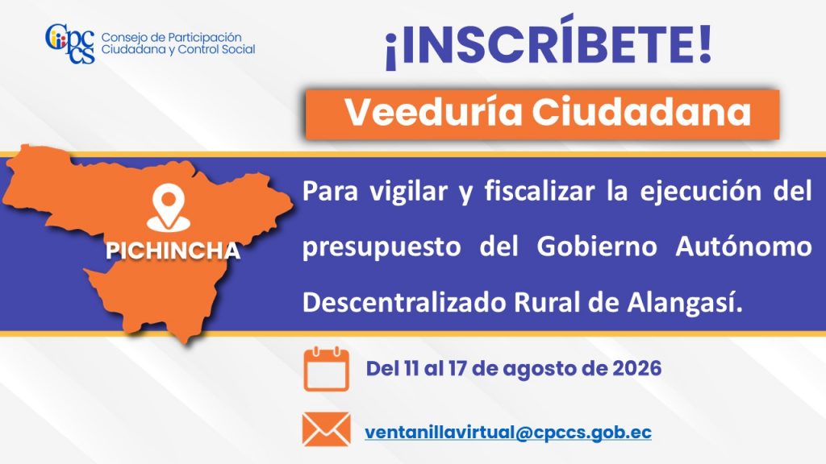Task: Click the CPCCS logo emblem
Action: (70, 43)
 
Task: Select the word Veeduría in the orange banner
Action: (433, 112)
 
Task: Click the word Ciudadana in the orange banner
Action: (641, 112)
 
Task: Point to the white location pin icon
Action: (168, 209)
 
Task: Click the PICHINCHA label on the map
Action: (173, 251)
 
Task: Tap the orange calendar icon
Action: (326, 369)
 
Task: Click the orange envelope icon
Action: (326, 429)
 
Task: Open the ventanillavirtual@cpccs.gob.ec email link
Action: (508, 432)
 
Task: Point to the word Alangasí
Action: (685, 303)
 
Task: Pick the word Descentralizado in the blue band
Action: (404, 303)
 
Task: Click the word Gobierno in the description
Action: (597, 246)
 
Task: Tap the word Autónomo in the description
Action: (743, 246)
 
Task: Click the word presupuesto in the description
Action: (382, 247)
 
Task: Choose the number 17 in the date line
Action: (457, 368)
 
